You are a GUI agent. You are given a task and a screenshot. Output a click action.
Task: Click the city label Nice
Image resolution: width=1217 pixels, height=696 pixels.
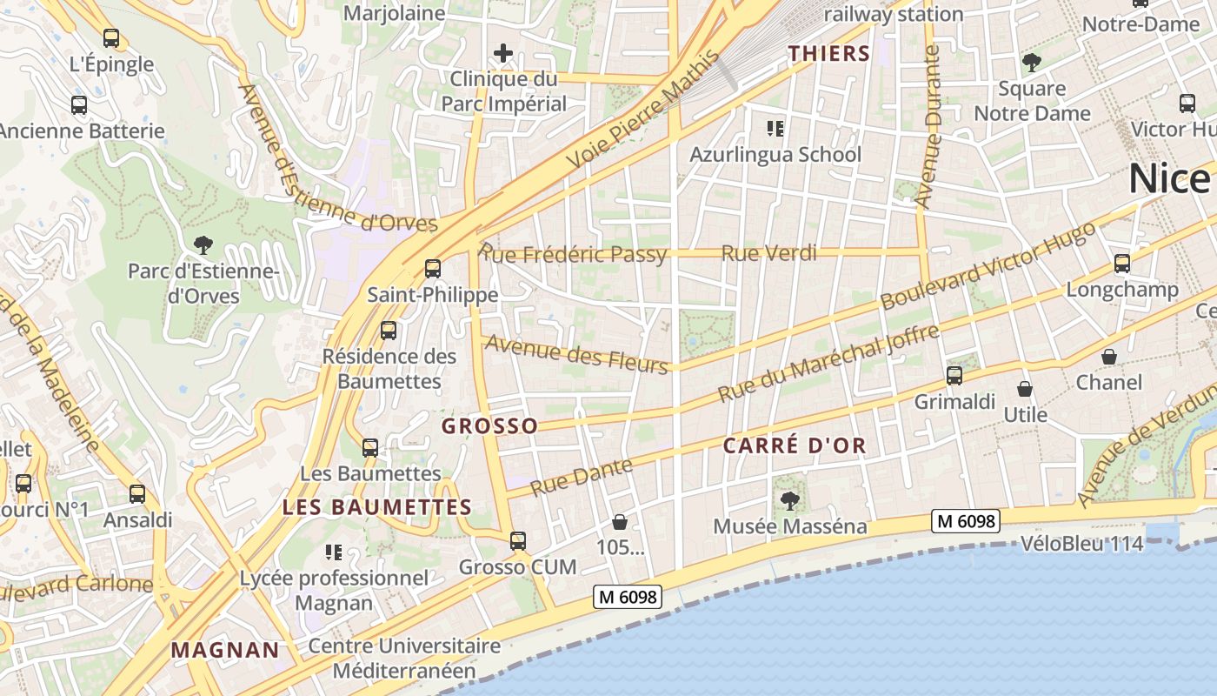(1169, 179)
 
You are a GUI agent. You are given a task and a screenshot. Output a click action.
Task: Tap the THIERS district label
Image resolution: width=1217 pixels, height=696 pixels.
(829, 54)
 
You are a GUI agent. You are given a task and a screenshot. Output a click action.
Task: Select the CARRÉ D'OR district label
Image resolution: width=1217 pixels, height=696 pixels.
(795, 446)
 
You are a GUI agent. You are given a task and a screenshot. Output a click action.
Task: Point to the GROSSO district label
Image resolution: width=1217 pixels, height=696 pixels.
(489, 426)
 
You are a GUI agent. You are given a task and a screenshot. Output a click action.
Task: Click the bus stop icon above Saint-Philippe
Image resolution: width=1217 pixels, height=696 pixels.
(432, 269)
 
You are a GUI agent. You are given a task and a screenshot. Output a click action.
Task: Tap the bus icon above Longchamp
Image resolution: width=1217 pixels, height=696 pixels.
(1122, 264)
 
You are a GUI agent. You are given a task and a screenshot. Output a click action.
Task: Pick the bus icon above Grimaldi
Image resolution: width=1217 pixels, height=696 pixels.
(954, 376)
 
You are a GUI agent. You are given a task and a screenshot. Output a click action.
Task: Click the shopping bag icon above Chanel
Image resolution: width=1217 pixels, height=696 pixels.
(1109, 357)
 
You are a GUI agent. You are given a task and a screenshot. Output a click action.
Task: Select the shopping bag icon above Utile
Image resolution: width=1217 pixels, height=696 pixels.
(1025, 389)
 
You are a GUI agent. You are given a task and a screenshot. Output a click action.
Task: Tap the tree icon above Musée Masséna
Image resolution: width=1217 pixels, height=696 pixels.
(790, 500)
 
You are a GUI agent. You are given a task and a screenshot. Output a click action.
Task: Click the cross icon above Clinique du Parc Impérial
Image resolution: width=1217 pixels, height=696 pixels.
(502, 54)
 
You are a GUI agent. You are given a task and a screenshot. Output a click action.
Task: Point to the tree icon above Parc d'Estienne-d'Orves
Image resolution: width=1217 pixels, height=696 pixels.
(203, 244)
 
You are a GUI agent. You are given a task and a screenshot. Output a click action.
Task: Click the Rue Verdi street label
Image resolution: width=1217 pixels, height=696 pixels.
(769, 253)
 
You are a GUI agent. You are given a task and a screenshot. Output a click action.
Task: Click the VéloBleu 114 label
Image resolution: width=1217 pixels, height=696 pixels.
(1081, 544)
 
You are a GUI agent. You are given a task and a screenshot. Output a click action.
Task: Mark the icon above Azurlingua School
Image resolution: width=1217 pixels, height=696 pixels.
(775, 130)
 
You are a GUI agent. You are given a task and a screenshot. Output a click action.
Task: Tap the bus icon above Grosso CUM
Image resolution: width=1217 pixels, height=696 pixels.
(518, 541)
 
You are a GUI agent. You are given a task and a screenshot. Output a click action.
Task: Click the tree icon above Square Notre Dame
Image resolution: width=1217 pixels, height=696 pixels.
(1032, 63)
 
